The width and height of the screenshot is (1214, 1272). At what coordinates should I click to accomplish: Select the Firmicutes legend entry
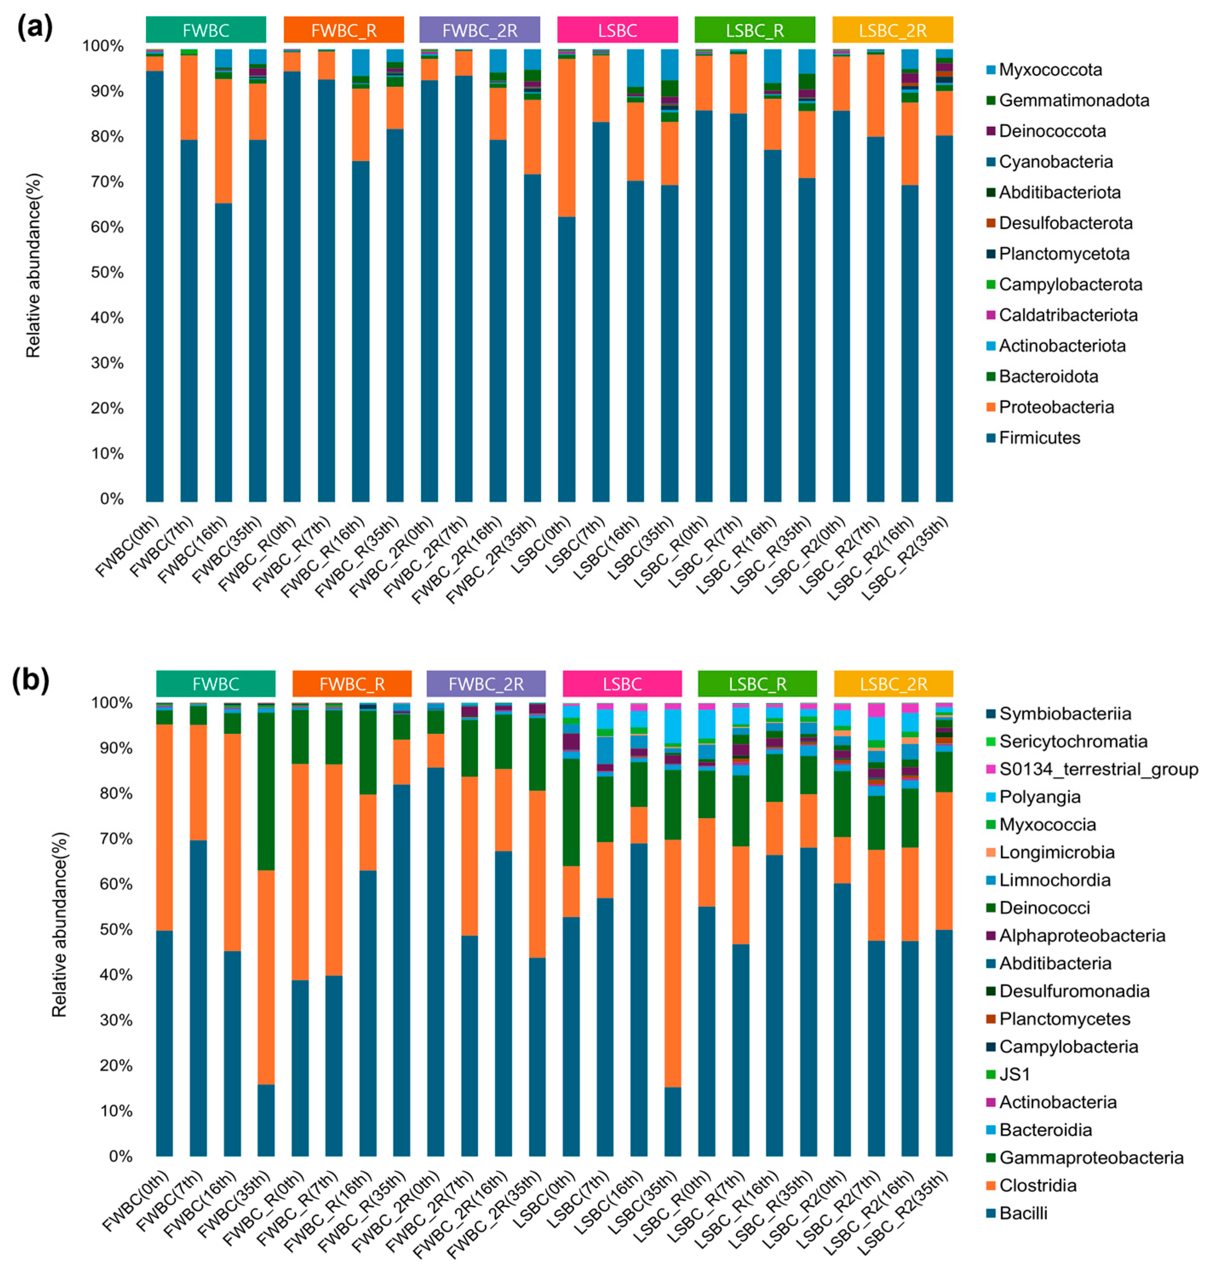tap(1039, 438)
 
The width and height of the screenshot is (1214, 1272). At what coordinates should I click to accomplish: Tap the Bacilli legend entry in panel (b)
tap(1022, 1213)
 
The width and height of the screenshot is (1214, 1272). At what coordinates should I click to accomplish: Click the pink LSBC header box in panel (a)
tap(617, 30)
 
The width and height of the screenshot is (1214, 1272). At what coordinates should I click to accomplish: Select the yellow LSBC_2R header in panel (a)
tap(892, 30)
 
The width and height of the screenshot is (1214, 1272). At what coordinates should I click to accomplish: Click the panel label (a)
tap(35, 27)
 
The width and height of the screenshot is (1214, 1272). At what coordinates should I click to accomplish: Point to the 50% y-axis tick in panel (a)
tap(107, 273)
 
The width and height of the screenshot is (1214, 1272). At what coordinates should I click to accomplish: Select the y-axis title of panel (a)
tap(34, 265)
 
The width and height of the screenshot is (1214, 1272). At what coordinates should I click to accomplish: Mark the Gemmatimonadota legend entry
tap(1073, 100)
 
